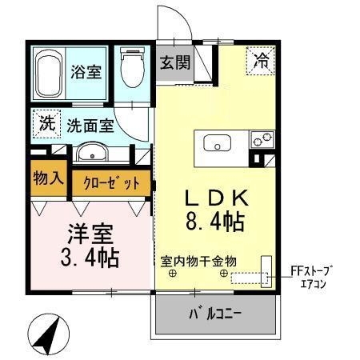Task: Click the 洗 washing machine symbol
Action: [x=47, y=124]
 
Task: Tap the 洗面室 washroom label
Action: [x=90, y=126]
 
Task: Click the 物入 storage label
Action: [x=48, y=177]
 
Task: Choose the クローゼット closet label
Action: [x=111, y=182]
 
